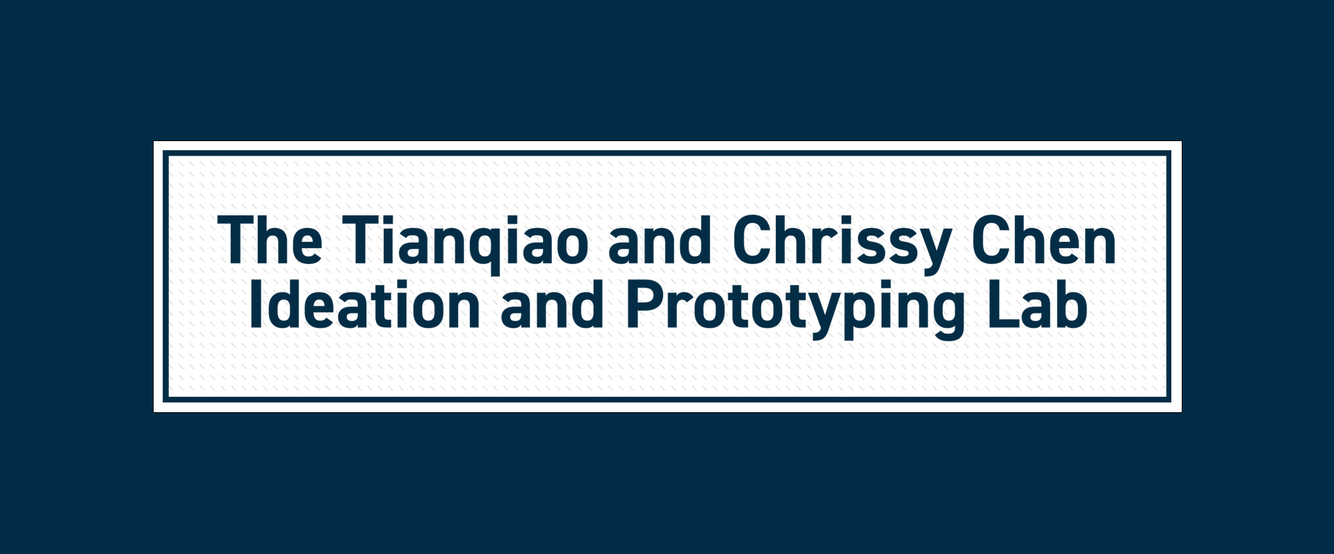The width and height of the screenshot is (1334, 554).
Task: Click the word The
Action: [270, 240]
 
